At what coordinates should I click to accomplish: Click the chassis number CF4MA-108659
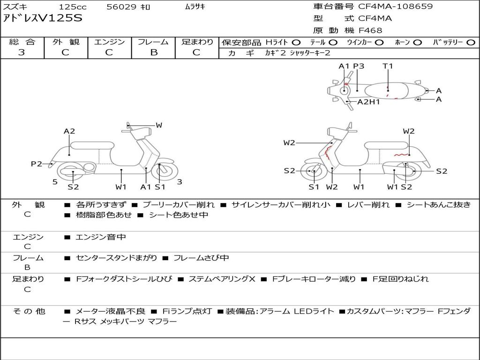click(395, 7)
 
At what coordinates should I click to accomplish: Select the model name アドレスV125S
click(43, 18)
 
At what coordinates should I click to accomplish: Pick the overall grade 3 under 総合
click(22, 52)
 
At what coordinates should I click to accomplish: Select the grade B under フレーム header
click(154, 52)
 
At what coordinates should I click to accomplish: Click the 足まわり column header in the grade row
click(197, 42)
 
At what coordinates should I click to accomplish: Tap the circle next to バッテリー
click(471, 43)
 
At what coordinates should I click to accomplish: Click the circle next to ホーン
click(418, 43)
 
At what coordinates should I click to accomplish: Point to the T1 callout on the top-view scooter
click(388, 66)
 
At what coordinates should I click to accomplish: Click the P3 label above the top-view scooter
click(359, 66)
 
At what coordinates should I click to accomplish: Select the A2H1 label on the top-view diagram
click(368, 102)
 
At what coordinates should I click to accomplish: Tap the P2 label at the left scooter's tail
click(37, 164)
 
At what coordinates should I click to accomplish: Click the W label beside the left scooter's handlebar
click(159, 125)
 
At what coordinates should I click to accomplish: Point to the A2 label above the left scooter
click(69, 131)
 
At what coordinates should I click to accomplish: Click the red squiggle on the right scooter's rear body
click(402, 155)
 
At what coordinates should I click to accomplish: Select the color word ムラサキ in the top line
click(195, 7)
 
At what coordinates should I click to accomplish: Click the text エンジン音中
click(101, 237)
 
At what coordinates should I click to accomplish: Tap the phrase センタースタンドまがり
click(116, 258)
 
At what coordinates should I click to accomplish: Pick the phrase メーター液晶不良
click(110, 311)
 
